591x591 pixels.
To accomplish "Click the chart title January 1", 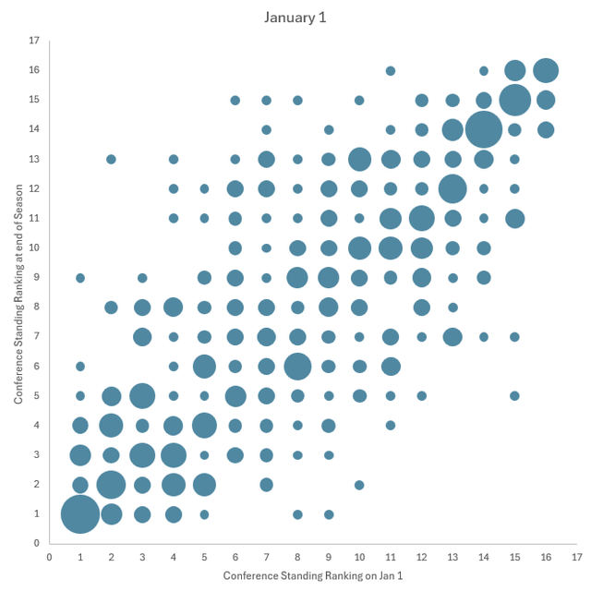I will (295, 18).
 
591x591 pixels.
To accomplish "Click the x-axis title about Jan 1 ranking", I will (312, 575).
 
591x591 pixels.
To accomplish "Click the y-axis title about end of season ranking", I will (18, 292).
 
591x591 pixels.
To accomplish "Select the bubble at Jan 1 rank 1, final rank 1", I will (80, 514).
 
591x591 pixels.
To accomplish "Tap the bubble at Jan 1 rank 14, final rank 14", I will (483, 129).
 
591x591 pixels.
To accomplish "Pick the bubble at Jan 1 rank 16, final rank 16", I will (546, 70).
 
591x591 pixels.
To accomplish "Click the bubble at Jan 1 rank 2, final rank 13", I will (111, 159).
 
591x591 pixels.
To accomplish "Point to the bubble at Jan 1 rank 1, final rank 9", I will (80, 277).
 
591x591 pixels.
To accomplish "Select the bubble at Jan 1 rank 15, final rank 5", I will (514, 396).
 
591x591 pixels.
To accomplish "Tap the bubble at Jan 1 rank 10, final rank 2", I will (359, 485).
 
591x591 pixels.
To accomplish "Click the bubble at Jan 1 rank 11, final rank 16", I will (391, 70).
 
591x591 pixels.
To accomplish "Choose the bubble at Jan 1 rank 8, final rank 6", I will (297, 367).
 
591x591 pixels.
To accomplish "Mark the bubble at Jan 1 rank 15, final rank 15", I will (514, 100).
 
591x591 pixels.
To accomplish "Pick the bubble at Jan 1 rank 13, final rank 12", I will (452, 188).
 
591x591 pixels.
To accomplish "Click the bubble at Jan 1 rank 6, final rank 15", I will (235, 100).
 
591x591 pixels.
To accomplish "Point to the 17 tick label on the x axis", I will (576, 557).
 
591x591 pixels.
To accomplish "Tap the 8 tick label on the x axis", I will (297, 557).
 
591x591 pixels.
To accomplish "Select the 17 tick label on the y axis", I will (33, 41).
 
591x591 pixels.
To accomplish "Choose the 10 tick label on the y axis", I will (33, 247).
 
